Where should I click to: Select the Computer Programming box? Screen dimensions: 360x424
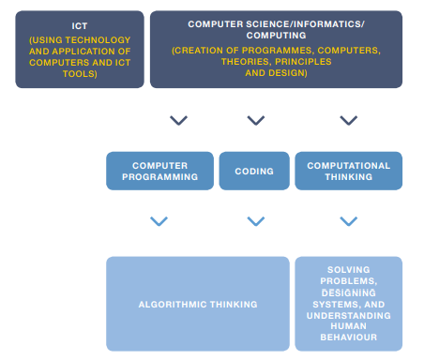(x=159, y=172)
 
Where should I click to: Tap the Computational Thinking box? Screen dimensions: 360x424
(x=348, y=172)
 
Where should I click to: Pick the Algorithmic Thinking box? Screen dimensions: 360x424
(x=197, y=304)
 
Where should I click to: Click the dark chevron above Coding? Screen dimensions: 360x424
(x=255, y=121)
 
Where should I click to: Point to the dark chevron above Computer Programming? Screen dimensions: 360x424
(x=177, y=121)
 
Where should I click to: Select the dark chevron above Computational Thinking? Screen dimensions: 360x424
(x=348, y=121)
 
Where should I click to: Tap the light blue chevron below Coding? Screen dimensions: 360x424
(x=255, y=221)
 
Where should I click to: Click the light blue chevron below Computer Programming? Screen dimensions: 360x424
(x=159, y=221)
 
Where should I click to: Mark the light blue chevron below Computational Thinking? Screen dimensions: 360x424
(x=348, y=221)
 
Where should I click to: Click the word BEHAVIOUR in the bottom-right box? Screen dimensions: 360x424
(x=348, y=337)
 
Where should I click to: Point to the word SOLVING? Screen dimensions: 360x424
(x=348, y=269)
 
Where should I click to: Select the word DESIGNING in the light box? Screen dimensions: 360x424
(x=348, y=292)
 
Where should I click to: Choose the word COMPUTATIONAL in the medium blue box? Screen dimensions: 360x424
(x=348, y=166)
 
